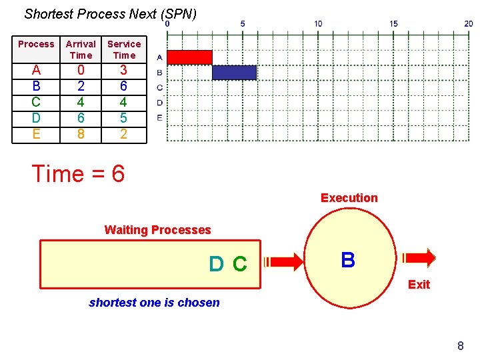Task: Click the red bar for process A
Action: (189, 57)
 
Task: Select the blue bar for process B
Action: (234, 72)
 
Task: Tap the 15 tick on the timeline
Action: (393, 24)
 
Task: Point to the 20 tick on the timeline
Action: (469, 24)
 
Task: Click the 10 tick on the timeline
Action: (318, 24)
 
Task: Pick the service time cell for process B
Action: (124, 86)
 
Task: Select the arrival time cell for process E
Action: (81, 134)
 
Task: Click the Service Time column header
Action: (124, 49)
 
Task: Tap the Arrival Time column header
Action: (81, 49)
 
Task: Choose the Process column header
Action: (36, 44)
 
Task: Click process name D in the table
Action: (36, 118)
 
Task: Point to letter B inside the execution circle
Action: (347, 260)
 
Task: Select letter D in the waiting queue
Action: (216, 265)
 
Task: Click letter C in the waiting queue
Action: (239, 265)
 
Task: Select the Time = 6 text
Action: (78, 174)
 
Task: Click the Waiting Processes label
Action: (157, 230)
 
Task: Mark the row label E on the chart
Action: (159, 117)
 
